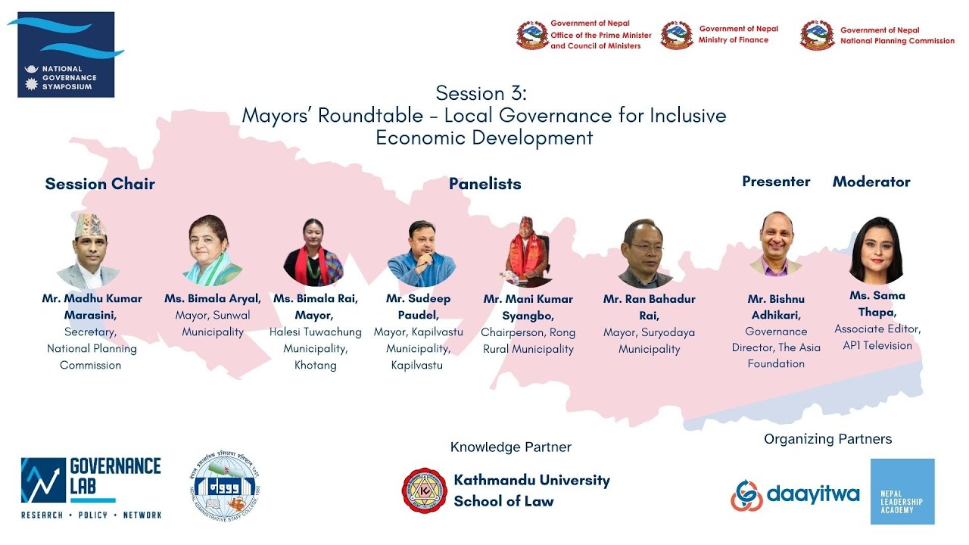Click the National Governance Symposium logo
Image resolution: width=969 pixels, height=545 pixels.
coord(66,54)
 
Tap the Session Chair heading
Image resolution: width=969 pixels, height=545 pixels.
coord(100,184)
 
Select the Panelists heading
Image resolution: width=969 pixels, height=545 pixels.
coord(484,184)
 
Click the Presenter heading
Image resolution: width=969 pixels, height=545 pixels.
coord(776,182)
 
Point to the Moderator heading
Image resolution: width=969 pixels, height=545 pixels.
coord(871,182)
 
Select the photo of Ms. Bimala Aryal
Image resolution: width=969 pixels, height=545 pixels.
coord(213,251)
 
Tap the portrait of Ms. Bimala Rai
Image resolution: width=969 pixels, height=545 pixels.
coord(313,252)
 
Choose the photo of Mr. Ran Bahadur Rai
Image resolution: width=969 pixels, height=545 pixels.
coord(646,254)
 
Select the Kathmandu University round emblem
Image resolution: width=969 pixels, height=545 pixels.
coord(424,490)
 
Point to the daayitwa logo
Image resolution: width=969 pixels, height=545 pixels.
coord(795,495)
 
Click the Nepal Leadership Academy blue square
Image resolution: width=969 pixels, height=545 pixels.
coord(902,491)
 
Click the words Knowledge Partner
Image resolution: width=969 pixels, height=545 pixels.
coord(511,447)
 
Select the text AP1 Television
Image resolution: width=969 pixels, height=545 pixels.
coord(877,345)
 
